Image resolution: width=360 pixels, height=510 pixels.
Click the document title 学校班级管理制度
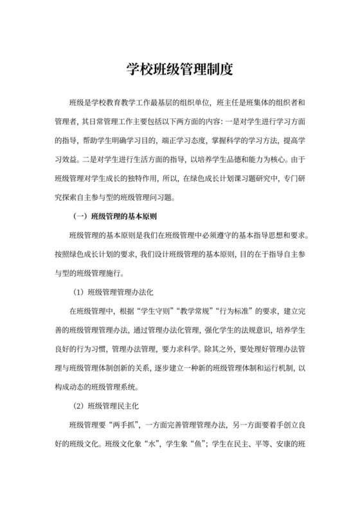tap(179, 69)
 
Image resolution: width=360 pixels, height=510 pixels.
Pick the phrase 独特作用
tap(132, 176)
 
